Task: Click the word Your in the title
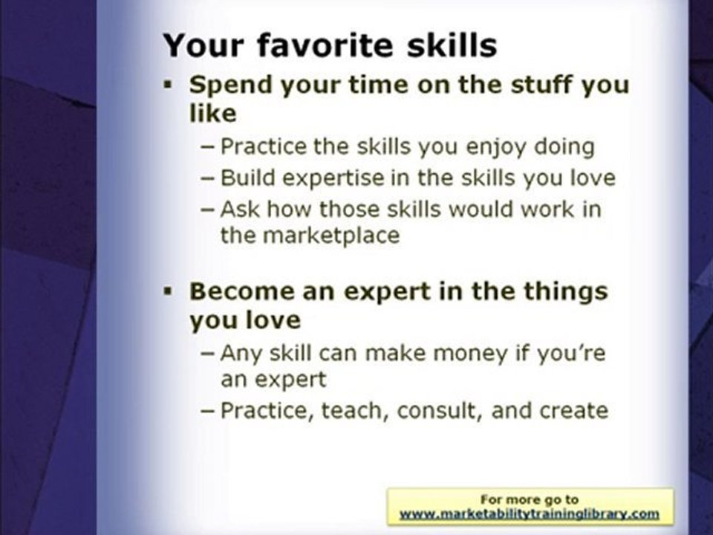[x=204, y=45]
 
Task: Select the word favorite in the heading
[x=325, y=45]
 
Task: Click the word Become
[x=242, y=291]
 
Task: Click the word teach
[x=355, y=411]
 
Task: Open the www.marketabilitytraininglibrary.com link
[x=530, y=514]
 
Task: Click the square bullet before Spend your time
[x=169, y=85]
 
